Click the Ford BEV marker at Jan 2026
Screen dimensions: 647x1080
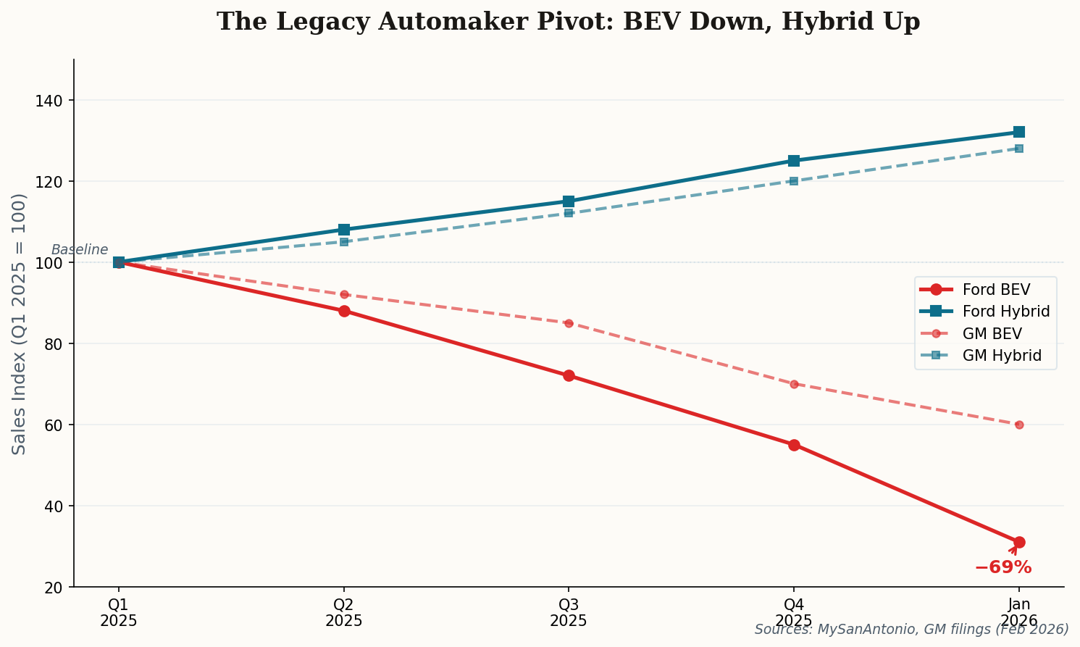click(1019, 542)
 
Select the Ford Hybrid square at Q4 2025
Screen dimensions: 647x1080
click(794, 161)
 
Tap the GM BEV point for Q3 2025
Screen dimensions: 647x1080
click(569, 323)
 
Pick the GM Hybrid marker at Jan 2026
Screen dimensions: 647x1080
click(1019, 149)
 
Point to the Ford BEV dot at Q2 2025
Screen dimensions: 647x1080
click(344, 311)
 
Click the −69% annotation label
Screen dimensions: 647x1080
click(1002, 567)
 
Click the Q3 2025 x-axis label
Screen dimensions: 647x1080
click(569, 613)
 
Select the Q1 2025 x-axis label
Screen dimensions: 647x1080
click(119, 613)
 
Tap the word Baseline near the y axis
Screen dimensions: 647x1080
click(80, 250)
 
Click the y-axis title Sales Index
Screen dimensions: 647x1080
click(20, 323)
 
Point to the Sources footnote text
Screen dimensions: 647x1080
click(911, 629)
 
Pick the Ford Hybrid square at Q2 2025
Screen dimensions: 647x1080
click(344, 230)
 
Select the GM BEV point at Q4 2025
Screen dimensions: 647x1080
click(794, 384)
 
